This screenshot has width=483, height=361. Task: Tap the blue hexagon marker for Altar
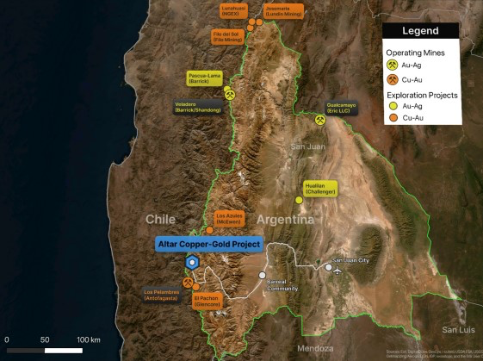(193, 263)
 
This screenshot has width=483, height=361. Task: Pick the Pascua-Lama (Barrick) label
(204, 78)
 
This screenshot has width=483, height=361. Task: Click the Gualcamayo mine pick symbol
(319, 120)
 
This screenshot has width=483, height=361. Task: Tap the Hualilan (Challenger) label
(319, 188)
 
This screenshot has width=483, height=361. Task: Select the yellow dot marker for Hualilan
(300, 200)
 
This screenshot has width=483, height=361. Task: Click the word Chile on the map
(160, 219)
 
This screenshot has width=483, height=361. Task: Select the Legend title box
(420, 31)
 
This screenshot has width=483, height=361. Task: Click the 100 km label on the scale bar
(89, 339)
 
